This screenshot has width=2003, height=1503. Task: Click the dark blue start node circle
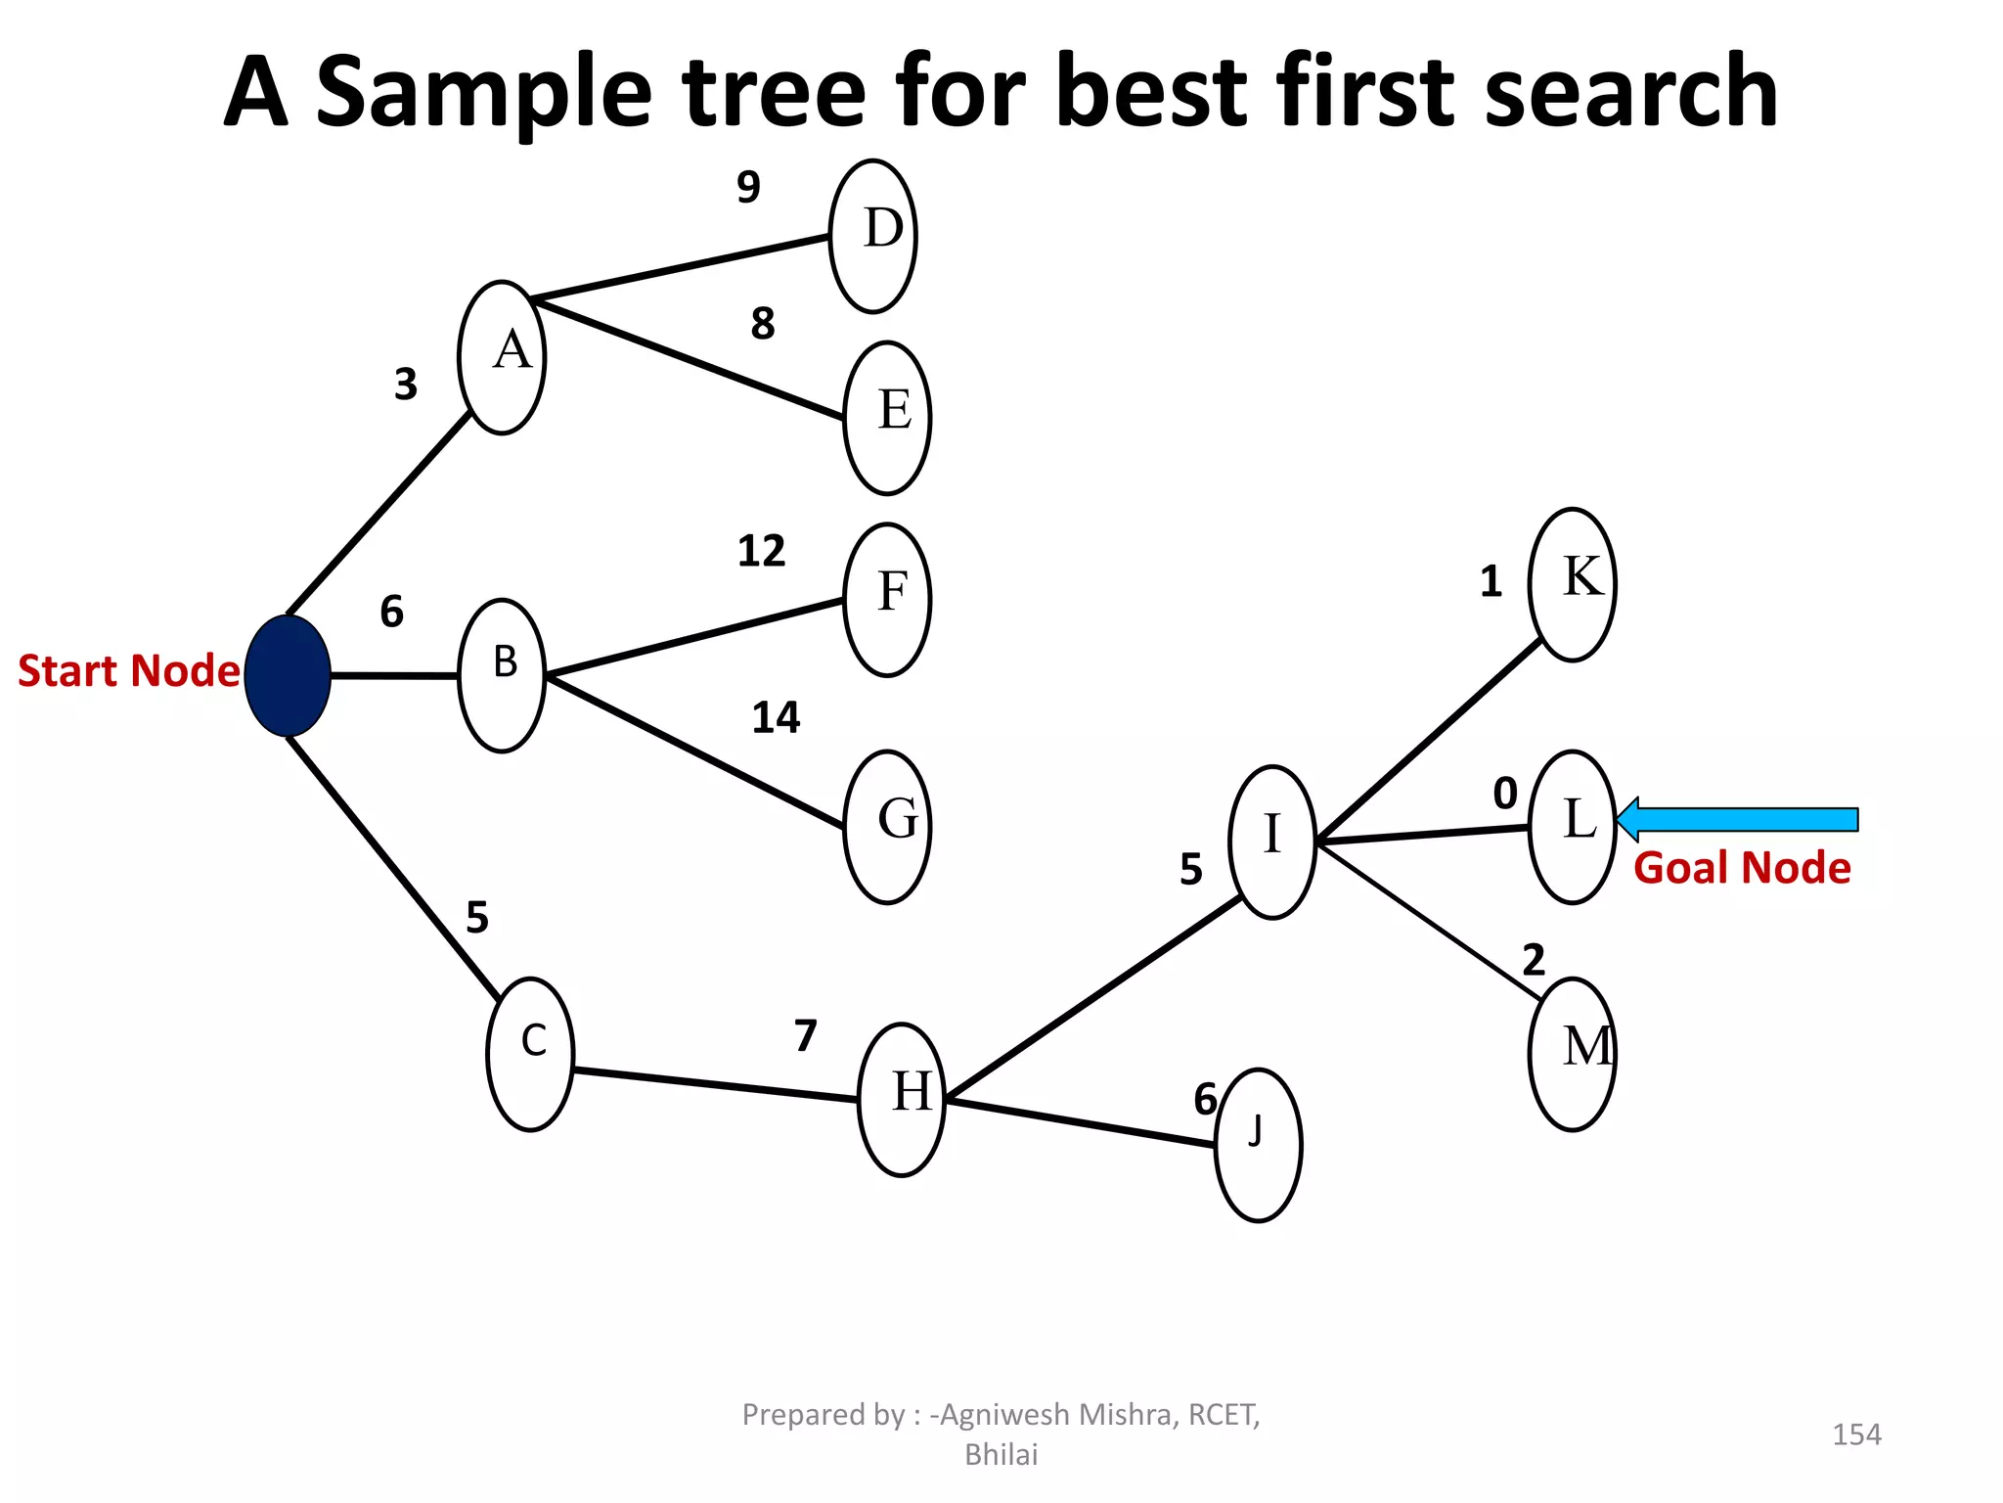pos(288,675)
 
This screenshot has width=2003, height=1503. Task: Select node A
pos(502,357)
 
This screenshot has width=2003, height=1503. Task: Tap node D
pos(873,236)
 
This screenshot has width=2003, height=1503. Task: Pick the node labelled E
pos(887,418)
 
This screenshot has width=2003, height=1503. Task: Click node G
pos(887,827)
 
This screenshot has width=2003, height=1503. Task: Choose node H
pos(902,1099)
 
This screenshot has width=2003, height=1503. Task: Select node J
pos(1258,1145)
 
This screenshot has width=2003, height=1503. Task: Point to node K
pos(1572,584)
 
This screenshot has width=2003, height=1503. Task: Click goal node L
pos(1572,827)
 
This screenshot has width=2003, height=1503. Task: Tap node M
pos(1572,1054)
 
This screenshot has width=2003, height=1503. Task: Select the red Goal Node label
pos(1742,868)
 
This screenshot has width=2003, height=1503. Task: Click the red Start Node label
pos(128,671)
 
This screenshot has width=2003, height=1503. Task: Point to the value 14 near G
pos(776,718)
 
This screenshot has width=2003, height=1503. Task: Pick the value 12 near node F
pos(761,551)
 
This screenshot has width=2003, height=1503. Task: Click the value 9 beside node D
pos(748,186)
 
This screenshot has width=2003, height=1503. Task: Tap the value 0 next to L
pos(1505,793)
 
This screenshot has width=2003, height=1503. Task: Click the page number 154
pos(1856,1435)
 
